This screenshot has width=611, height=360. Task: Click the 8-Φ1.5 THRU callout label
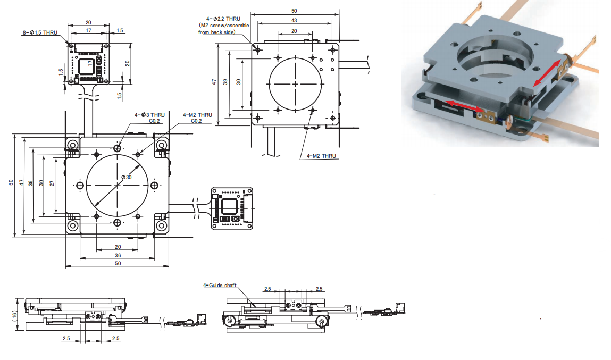pyautogui.click(x=40, y=33)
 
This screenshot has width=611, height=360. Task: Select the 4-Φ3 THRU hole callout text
pyautogui.click(x=149, y=115)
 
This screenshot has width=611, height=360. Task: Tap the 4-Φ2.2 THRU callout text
pyautogui.click(x=223, y=19)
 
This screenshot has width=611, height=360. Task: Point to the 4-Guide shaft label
pyautogui.click(x=220, y=285)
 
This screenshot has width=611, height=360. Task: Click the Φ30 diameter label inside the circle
pyautogui.click(x=126, y=177)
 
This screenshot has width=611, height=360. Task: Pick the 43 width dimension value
pyautogui.click(x=294, y=20)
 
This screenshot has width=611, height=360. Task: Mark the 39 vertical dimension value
pyautogui.click(x=225, y=82)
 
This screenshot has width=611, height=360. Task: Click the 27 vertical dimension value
pyautogui.click(x=52, y=183)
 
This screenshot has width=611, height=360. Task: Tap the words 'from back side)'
pyautogui.click(x=216, y=32)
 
